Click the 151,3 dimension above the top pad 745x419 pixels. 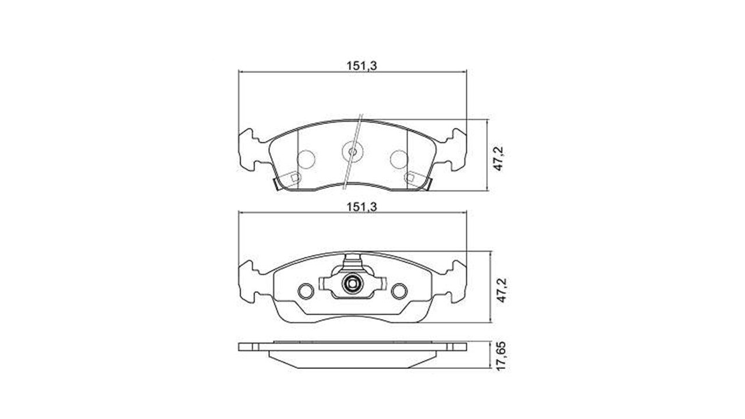pos(361,66)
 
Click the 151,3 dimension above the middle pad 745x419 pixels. pos(361,207)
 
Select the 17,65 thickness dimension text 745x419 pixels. pos(501,356)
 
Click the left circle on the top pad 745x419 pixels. pos(306,159)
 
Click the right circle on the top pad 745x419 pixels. pos(399,159)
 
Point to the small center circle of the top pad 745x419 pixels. pos(352,152)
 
